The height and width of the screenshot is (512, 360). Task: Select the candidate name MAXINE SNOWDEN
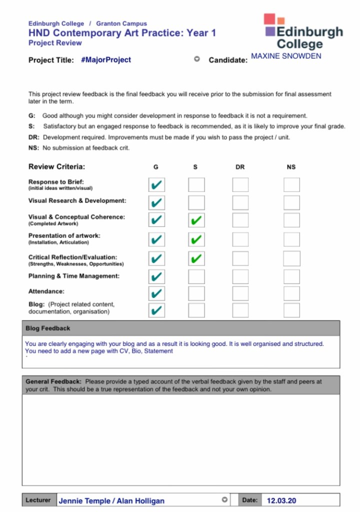(286, 56)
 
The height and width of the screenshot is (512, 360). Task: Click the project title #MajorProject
(106, 60)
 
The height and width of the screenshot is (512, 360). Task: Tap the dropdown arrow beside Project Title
(197, 59)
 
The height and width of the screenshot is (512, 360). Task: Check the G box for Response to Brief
(156, 185)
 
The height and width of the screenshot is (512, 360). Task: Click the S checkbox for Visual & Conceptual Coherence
(196, 220)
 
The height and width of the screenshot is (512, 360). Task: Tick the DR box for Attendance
(240, 293)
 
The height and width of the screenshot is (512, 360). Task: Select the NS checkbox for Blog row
(291, 310)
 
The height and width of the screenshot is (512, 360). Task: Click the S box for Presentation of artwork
(196, 239)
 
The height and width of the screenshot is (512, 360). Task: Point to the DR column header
(240, 167)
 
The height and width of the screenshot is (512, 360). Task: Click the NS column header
(291, 167)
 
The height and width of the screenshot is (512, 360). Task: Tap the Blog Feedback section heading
(48, 328)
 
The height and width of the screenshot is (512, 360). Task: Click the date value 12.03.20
(281, 500)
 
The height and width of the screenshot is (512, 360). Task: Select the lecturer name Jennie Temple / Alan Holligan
(111, 500)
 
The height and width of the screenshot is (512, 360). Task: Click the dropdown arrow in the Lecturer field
(225, 499)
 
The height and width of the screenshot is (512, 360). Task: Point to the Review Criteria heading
(56, 166)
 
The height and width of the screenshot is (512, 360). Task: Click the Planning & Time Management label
(74, 276)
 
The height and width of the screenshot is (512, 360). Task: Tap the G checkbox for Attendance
(156, 293)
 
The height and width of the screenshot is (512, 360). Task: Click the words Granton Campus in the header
(121, 23)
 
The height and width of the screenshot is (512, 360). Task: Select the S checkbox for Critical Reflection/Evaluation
(196, 258)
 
